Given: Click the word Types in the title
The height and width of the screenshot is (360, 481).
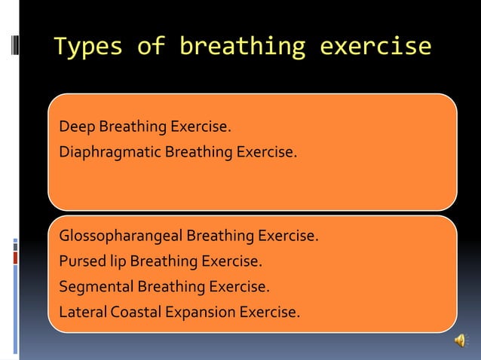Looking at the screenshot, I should click(x=87, y=47).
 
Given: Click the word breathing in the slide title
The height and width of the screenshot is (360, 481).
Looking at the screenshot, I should click(x=242, y=47).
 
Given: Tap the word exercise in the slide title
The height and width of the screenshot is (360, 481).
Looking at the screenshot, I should click(x=375, y=47).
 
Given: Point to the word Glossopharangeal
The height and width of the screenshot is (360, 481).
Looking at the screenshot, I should click(x=121, y=236).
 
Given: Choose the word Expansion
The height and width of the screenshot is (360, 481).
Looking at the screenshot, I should click(x=200, y=311).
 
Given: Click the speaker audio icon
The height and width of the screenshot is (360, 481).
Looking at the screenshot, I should click(x=460, y=342).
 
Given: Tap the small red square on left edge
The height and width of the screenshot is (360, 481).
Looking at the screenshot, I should click(x=15, y=258).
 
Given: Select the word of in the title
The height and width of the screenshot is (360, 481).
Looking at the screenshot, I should click(x=150, y=47).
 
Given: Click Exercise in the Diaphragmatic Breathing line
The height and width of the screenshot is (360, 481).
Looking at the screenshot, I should click(x=266, y=152).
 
